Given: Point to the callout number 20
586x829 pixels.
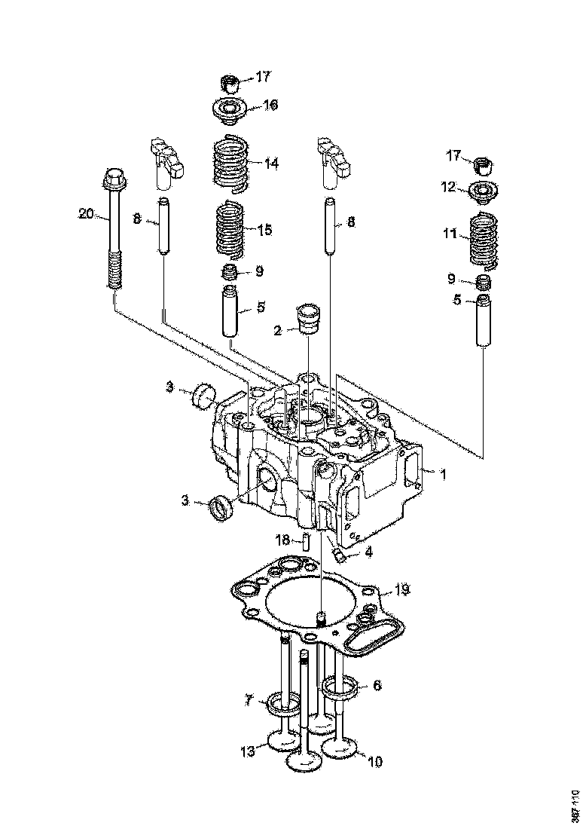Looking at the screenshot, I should [87, 214].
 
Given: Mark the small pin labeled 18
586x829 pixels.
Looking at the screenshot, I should [307, 540].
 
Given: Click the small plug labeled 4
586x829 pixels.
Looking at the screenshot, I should [339, 556].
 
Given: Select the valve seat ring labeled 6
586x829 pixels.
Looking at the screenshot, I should [340, 686].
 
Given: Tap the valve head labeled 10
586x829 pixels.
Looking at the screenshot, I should [340, 748].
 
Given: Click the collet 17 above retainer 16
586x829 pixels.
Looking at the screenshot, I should [229, 81].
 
